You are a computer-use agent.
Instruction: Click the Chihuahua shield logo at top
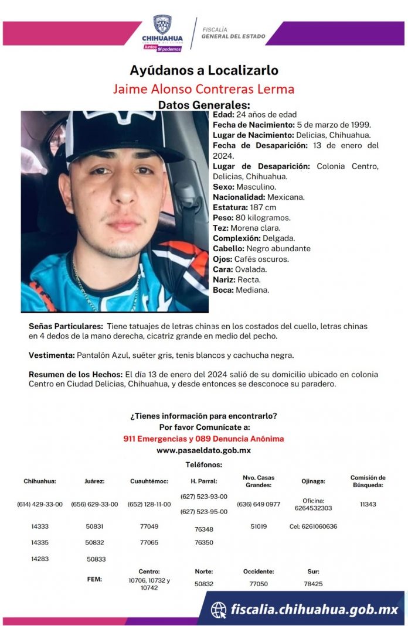162,25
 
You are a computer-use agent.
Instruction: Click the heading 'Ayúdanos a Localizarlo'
204,71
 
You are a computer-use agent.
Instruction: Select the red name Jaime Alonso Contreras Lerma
203,89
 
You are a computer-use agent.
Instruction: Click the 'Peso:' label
223,218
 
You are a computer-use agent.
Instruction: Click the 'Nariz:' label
224,279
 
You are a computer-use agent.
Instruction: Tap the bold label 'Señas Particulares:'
66,326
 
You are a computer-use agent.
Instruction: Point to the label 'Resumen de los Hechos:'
75,374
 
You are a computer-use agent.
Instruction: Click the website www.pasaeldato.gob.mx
203,450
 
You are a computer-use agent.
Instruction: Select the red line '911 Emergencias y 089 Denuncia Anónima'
203,439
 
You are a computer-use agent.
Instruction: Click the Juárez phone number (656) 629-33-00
94,504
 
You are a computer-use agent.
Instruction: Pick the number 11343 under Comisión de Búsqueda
368,504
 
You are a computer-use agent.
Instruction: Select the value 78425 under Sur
314,584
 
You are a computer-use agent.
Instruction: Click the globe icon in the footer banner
219,610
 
